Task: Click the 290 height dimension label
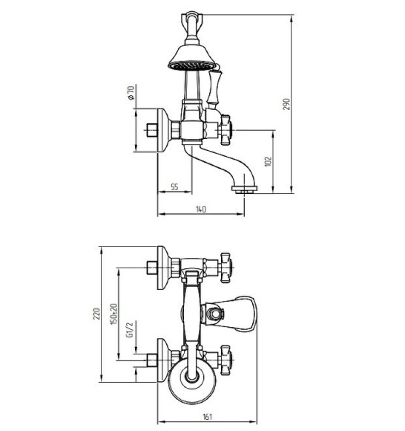coord(286,104)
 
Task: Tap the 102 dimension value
coord(269,161)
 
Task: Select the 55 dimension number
coord(174,187)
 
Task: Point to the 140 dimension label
coord(201,209)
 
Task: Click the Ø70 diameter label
coord(131,93)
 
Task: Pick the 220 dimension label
coord(96,314)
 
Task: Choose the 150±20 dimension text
coord(113,314)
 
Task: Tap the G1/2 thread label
coord(130,330)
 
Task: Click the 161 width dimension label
coord(207,417)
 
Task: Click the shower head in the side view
coord(192,57)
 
